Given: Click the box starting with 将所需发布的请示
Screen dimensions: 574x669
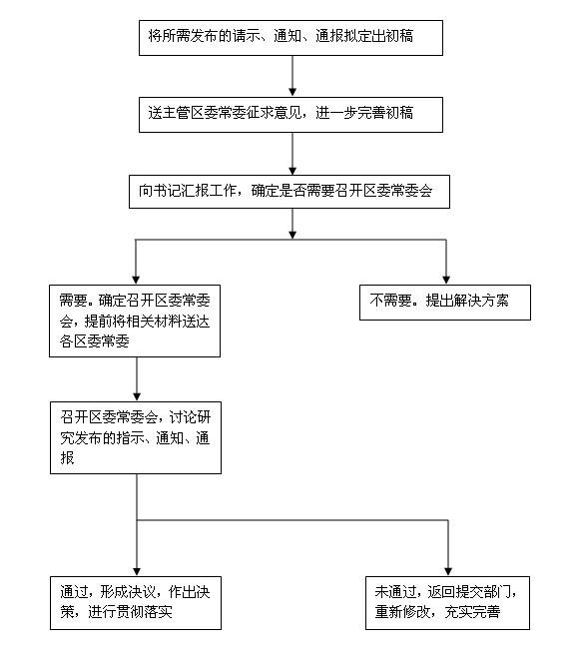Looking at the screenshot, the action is pos(290,38).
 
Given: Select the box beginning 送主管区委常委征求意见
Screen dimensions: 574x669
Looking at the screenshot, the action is pos(290,115).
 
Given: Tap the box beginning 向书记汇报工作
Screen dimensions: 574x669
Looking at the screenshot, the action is pos(289,192).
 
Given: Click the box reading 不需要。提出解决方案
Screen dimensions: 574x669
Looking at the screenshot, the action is pos(445,303).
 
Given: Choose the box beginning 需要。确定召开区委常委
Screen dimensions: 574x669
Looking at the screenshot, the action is pos(135,321).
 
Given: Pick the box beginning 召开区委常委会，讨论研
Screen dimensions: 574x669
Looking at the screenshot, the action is pos(136,437).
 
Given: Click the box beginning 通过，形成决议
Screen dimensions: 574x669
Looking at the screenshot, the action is pos(136,603).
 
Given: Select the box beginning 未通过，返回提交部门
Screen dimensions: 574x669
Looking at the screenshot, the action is pos(448,603).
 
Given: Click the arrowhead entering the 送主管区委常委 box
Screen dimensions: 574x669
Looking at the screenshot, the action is pos(292,92).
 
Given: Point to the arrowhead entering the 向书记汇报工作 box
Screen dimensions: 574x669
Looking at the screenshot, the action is pos(292,171).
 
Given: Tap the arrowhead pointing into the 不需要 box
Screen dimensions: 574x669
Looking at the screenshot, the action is pos(446,281).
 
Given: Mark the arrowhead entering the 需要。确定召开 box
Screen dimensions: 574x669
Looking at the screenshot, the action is pos(136,281).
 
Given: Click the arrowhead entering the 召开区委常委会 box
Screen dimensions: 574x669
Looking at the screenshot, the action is pos(137,397).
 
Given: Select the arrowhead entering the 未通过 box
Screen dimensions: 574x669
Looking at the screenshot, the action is pos(448,572).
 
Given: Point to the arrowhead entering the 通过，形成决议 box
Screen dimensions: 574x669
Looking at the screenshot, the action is pos(137,572).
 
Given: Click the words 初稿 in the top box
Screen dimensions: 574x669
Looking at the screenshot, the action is pos(399,36).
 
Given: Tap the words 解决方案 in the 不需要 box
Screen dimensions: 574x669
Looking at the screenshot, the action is pos(481,301).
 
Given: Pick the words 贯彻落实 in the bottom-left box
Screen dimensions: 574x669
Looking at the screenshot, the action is pos(145,612).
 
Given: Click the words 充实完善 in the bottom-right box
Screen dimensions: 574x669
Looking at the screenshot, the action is pos(472,612).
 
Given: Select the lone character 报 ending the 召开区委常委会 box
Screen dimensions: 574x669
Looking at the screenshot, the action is pos(67,457).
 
